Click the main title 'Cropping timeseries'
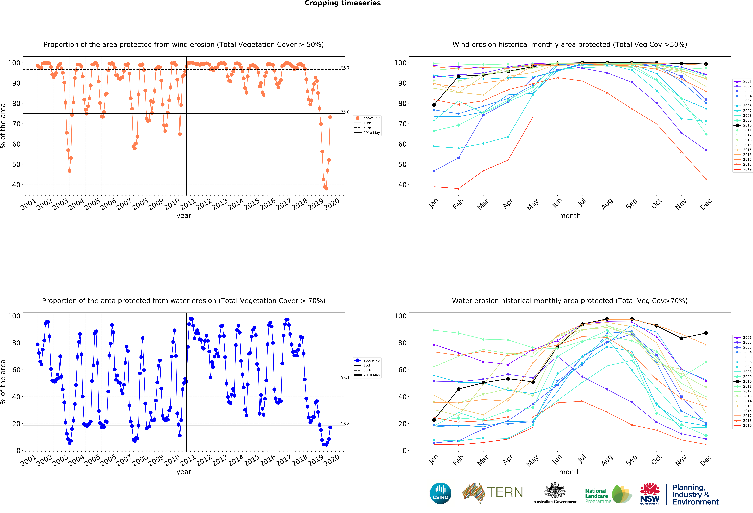point(342,3)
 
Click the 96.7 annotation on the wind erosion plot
point(345,68)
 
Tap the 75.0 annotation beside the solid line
point(345,112)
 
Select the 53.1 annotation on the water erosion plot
point(345,378)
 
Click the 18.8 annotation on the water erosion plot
point(345,424)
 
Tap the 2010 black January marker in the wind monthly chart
point(434,105)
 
